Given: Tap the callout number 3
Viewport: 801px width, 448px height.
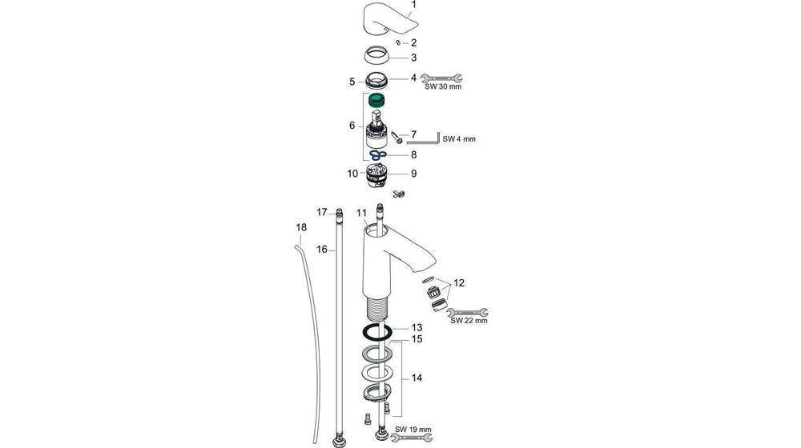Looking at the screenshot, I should point(413,58).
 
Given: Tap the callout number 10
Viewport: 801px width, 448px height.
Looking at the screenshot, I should point(352,173).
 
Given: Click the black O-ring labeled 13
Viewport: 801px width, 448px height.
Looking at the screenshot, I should point(377,332).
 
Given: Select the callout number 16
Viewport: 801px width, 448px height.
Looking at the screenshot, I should point(322,250).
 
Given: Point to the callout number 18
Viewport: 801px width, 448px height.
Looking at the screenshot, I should point(301,228).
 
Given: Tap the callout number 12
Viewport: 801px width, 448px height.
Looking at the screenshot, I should point(458,283).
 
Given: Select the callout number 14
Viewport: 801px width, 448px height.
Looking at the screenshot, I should point(416,378).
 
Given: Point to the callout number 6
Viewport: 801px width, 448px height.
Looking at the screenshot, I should point(352,126).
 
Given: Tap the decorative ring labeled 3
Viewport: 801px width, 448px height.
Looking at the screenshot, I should point(377,58).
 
